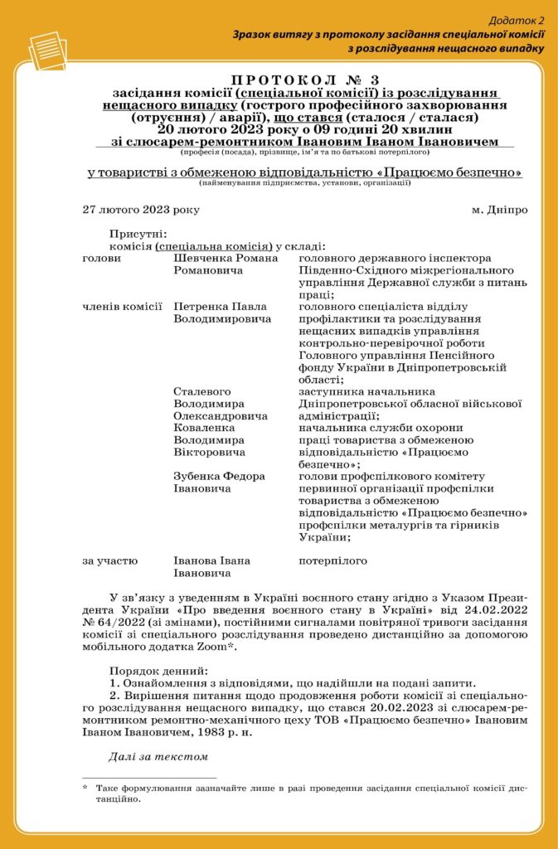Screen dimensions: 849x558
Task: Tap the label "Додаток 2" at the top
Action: [x=517, y=19]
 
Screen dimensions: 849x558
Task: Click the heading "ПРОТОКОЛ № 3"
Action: [x=303, y=80]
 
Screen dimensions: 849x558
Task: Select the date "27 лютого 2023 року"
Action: [x=141, y=210]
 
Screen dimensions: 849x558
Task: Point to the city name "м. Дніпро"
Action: [x=499, y=210]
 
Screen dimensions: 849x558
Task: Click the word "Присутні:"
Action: [x=138, y=235]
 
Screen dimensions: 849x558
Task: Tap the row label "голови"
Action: [x=102, y=259]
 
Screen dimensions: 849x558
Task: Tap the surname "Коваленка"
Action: [x=202, y=428]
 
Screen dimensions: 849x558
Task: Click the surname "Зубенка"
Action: [x=197, y=476]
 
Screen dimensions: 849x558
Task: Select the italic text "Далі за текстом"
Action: [x=158, y=755]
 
